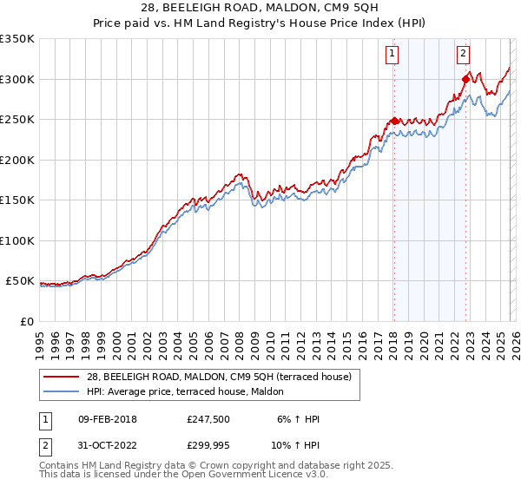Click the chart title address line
click(x=260, y=8)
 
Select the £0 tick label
click(x=26, y=321)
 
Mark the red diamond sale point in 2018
click(x=394, y=121)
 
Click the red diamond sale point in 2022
click(x=466, y=80)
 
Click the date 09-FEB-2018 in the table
click(x=107, y=419)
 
